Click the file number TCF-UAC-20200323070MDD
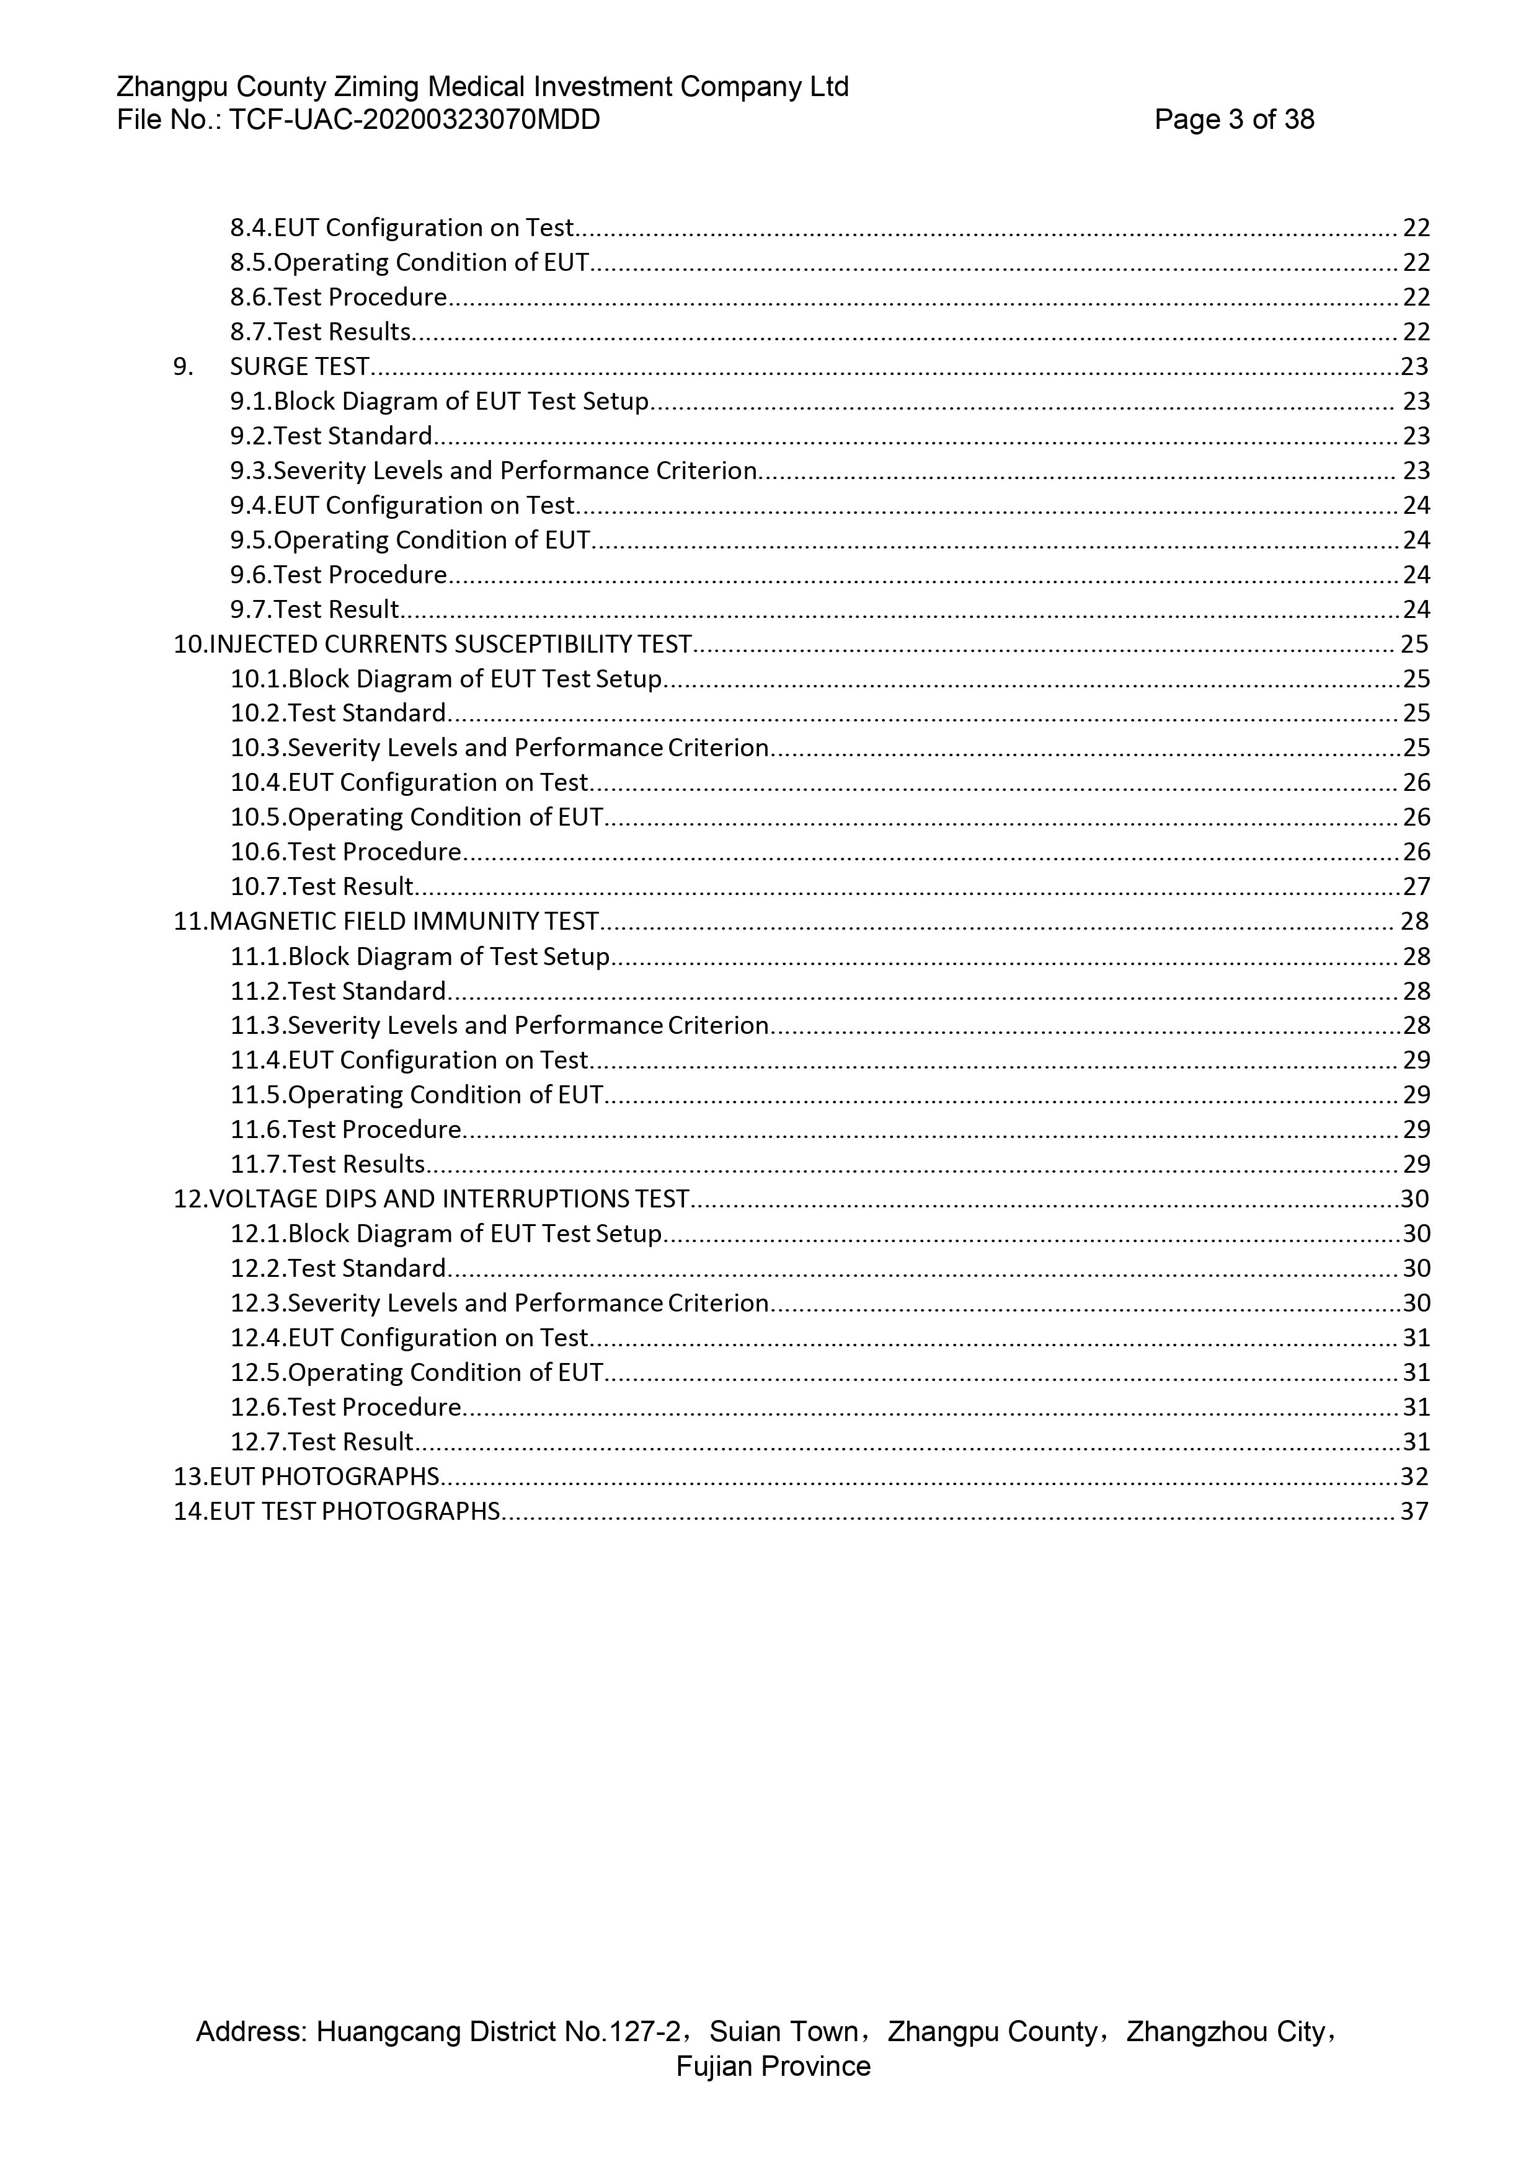tap(414, 120)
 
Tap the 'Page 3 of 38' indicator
tap(1234, 120)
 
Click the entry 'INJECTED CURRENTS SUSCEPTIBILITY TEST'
tap(449, 644)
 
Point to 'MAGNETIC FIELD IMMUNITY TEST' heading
tap(404, 921)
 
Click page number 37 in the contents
tap(1414, 1511)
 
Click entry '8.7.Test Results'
tap(321, 332)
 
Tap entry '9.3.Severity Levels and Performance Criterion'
tap(493, 471)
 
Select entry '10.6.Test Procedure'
tap(346, 852)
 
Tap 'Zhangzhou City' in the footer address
tap(1226, 2032)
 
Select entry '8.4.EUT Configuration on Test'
tap(402, 227)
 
